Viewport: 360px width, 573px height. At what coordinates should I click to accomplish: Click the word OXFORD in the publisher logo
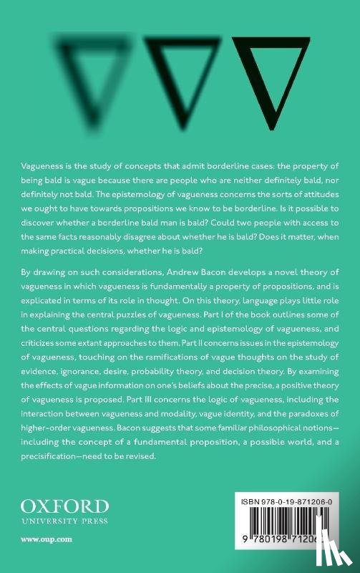[54, 506]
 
